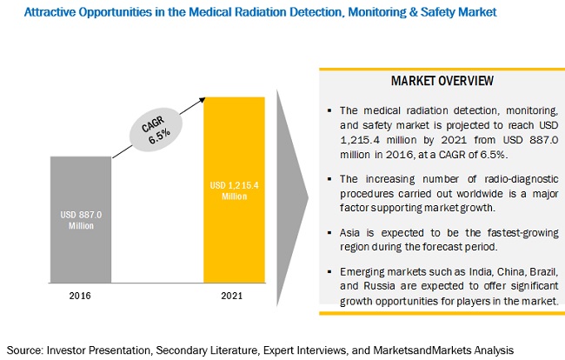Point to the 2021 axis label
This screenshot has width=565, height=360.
point(233,295)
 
